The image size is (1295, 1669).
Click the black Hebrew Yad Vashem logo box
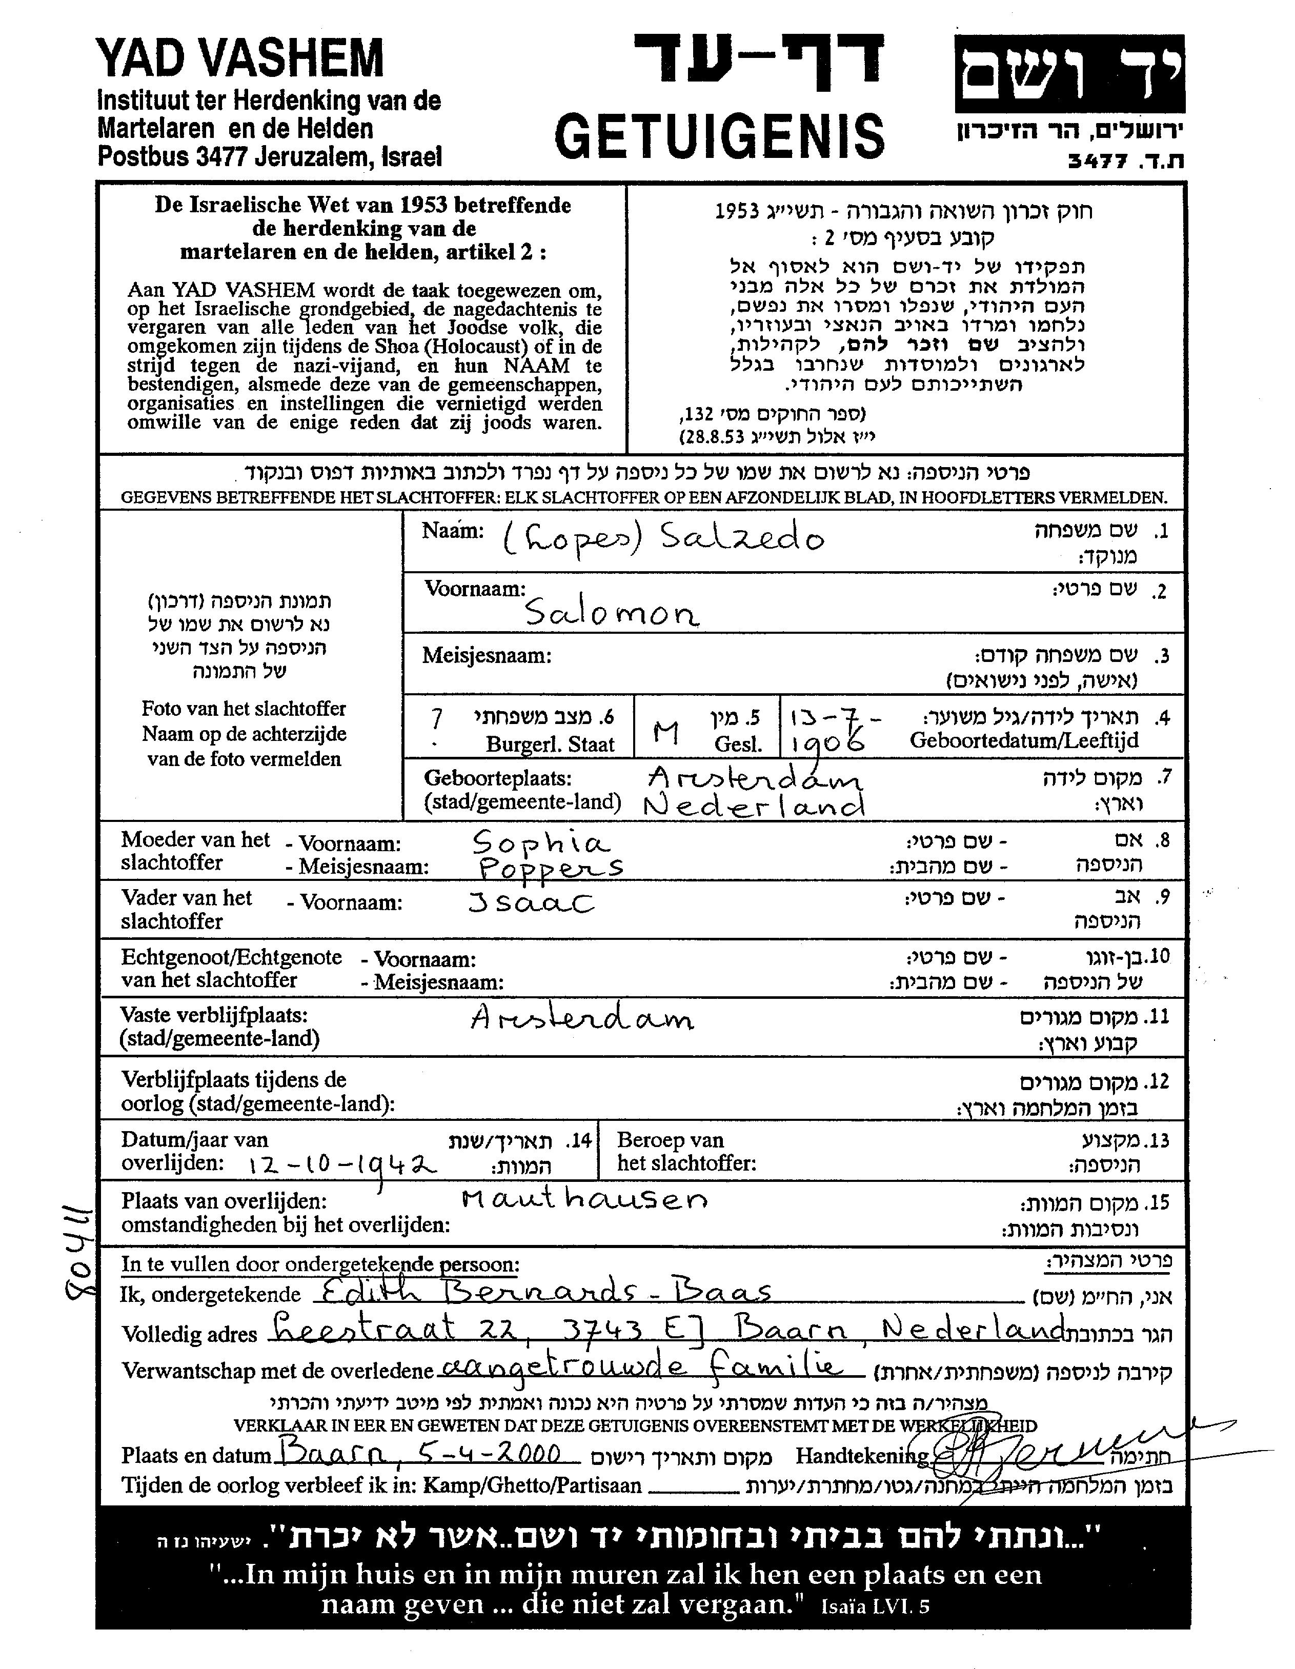(1069, 74)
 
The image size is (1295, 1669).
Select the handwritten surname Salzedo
(741, 539)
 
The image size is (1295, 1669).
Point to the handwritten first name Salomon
(611, 613)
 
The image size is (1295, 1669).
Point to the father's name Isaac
(531, 904)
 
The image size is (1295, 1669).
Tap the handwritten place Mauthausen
(584, 1200)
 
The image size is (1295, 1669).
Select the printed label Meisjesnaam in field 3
(487, 656)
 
